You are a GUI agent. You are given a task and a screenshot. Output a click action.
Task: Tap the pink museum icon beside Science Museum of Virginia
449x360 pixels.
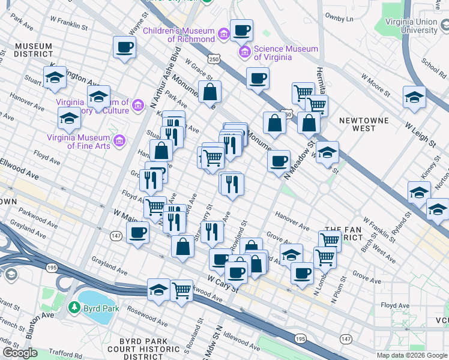click(x=245, y=53)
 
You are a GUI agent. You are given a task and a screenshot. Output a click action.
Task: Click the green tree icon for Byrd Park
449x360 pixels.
click(x=74, y=308)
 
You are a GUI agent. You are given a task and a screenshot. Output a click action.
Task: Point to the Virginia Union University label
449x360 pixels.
click(x=411, y=26)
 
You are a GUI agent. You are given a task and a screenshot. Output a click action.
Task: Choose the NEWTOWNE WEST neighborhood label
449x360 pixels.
click(x=364, y=124)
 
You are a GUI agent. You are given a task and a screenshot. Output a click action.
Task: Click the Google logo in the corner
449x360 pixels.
click(x=20, y=353)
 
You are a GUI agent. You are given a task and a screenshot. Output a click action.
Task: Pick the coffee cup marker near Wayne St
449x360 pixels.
click(x=125, y=47)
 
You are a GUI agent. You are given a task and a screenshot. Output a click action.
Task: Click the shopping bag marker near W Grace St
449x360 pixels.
click(x=210, y=92)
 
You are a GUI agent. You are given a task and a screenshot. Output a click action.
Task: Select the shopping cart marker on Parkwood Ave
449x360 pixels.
click(x=181, y=290)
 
